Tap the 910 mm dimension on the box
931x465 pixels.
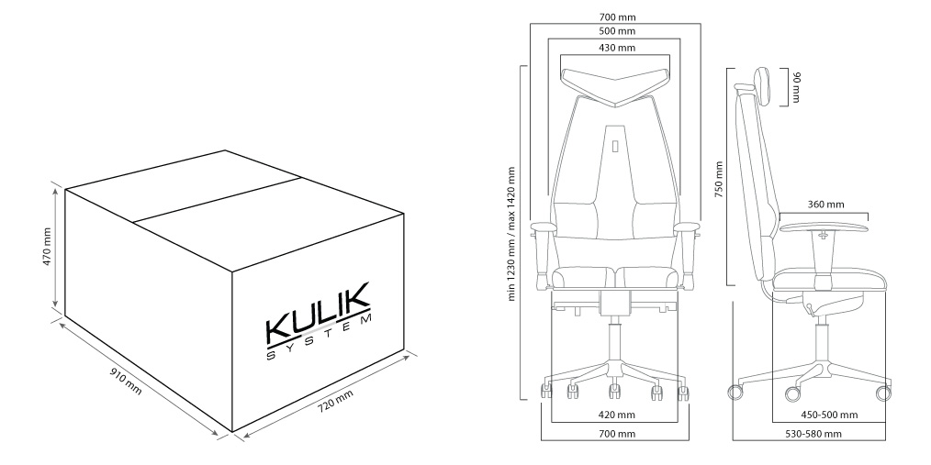click(x=126, y=382)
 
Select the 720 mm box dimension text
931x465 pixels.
click(x=335, y=401)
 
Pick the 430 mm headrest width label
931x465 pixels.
click(x=615, y=48)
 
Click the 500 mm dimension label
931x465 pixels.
click(x=616, y=31)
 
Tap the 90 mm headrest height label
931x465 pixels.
click(x=797, y=86)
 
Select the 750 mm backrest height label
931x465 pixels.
click(x=719, y=179)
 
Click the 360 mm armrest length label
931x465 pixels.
click(x=825, y=205)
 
